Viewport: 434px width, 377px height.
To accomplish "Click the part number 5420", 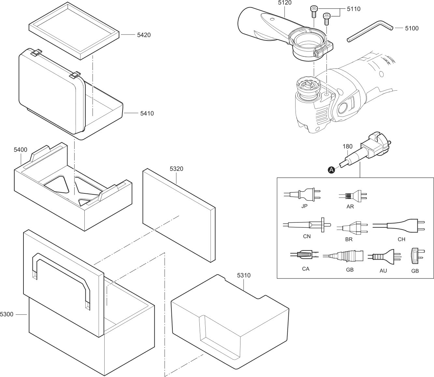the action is tap(144, 35).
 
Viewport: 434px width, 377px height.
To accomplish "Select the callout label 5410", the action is tap(147, 113).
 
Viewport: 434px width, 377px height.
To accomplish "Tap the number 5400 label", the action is tap(20, 150).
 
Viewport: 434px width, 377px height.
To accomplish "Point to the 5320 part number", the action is tap(176, 169).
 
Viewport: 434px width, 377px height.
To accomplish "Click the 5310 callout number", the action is tap(244, 275).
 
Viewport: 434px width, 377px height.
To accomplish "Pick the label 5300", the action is tap(7, 314).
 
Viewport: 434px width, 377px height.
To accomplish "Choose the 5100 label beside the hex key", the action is tap(412, 28).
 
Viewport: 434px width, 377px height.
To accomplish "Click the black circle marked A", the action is tap(331, 170).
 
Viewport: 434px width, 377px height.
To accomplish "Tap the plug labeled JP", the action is tap(302, 194).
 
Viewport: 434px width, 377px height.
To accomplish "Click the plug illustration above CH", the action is tap(399, 226).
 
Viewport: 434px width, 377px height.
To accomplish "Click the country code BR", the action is tap(349, 239).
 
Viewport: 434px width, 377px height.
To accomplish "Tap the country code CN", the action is tap(307, 236).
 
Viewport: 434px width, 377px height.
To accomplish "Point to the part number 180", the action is tap(347, 146).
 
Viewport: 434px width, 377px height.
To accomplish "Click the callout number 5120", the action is tap(285, 3).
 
